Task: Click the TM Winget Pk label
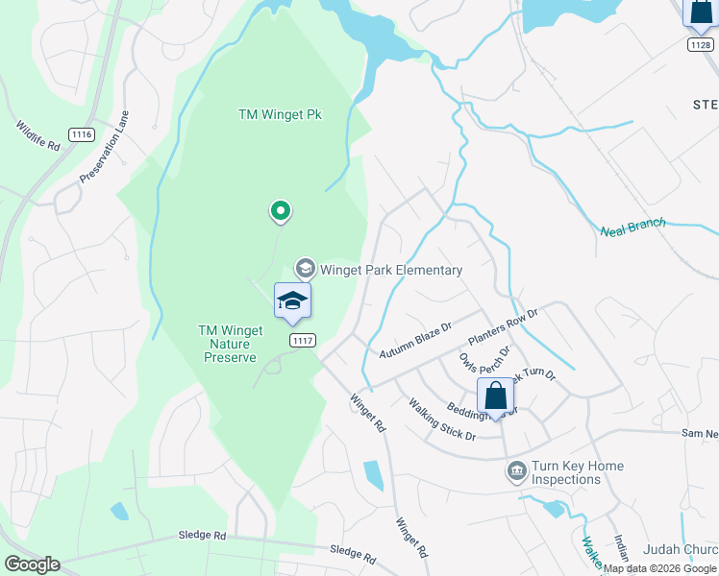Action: (x=280, y=114)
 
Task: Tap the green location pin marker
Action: (x=281, y=210)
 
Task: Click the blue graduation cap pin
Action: (x=292, y=303)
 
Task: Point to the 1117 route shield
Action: (x=302, y=340)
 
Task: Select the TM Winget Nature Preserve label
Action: (x=230, y=344)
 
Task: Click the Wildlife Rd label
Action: (x=37, y=134)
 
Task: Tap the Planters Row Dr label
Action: (x=503, y=327)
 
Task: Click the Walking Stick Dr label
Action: (x=442, y=420)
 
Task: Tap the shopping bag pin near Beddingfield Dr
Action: (x=495, y=396)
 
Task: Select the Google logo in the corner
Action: (x=32, y=564)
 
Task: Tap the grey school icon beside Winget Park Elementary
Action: (x=306, y=269)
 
